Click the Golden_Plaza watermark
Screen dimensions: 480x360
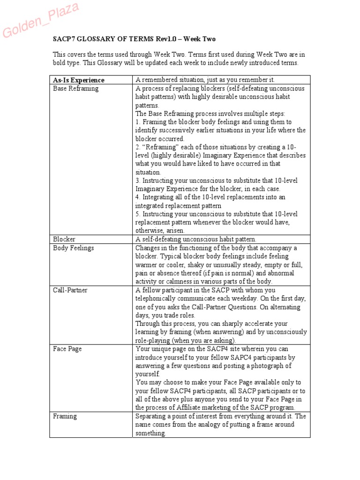coord(41,20)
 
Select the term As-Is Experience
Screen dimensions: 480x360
coord(79,80)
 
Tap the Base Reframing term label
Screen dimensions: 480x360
coord(75,88)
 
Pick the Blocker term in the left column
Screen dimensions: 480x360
coord(64,239)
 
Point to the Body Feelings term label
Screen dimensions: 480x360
coord(73,247)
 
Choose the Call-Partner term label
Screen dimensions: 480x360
coord(70,290)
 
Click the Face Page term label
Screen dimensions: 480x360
coord(67,349)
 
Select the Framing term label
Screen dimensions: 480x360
coord(65,416)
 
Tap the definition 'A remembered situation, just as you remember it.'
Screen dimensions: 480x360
coord(211,80)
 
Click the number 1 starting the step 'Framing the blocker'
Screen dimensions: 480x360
coord(137,122)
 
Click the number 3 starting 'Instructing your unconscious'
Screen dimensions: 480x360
coord(137,180)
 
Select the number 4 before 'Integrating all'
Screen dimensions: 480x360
coord(137,197)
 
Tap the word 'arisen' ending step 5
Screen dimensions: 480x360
coord(175,231)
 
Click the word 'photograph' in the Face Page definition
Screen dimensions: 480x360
coord(275,366)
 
